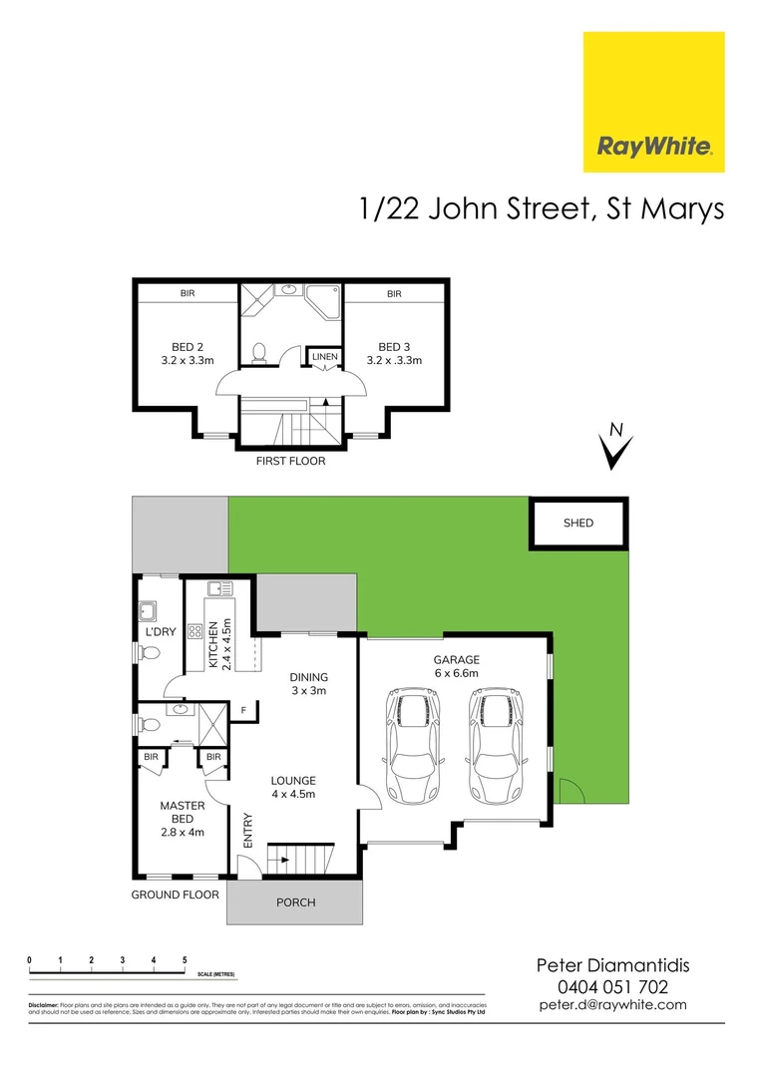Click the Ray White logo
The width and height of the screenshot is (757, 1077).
click(x=653, y=102)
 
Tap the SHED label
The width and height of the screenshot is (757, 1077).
click(x=578, y=523)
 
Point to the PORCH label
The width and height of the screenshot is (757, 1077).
click(x=295, y=902)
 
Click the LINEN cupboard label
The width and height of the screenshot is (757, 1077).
click(x=324, y=356)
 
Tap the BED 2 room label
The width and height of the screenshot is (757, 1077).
click(x=188, y=354)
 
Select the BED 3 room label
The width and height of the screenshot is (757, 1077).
click(x=395, y=354)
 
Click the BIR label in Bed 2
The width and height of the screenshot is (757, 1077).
click(x=188, y=293)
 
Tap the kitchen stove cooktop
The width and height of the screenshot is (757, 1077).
click(x=195, y=631)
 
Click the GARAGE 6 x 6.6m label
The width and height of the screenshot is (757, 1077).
click(x=456, y=666)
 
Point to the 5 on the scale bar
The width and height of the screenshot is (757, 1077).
click(x=185, y=960)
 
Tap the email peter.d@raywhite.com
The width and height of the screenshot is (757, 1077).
click(x=612, y=1005)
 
